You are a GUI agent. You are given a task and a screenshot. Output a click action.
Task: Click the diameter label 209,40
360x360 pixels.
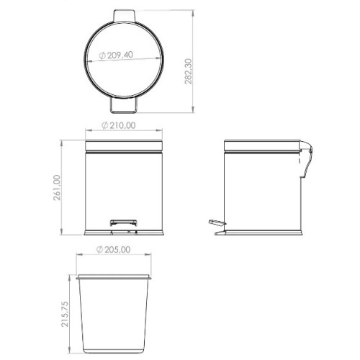pyautogui.click(x=120, y=55)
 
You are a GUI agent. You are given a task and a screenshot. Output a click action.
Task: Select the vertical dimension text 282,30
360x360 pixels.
pyautogui.click(x=189, y=71)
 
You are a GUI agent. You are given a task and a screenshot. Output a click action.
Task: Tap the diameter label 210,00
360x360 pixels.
pyautogui.click(x=122, y=125)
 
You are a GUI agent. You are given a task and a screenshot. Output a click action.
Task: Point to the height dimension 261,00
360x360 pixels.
pyautogui.click(x=57, y=188)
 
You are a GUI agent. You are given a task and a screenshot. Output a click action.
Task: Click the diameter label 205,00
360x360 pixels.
pyautogui.click(x=117, y=250)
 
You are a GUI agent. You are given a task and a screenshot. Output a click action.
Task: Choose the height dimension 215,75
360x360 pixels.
pyautogui.click(x=65, y=314)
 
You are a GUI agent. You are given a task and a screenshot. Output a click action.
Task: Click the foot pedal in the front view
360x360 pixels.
pyautogui.click(x=124, y=222)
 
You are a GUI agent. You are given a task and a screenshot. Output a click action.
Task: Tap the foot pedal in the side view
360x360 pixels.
pyautogui.click(x=217, y=223)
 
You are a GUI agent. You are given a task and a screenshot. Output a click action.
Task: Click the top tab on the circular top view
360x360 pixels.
pyautogui.click(x=124, y=16)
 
